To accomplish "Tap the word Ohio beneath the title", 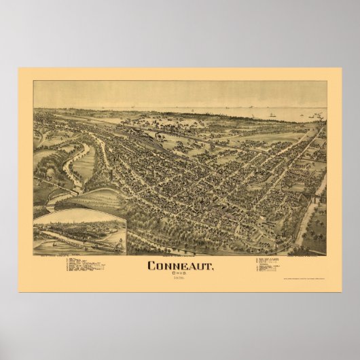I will click(179, 274).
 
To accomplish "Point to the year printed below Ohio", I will click(179, 279).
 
